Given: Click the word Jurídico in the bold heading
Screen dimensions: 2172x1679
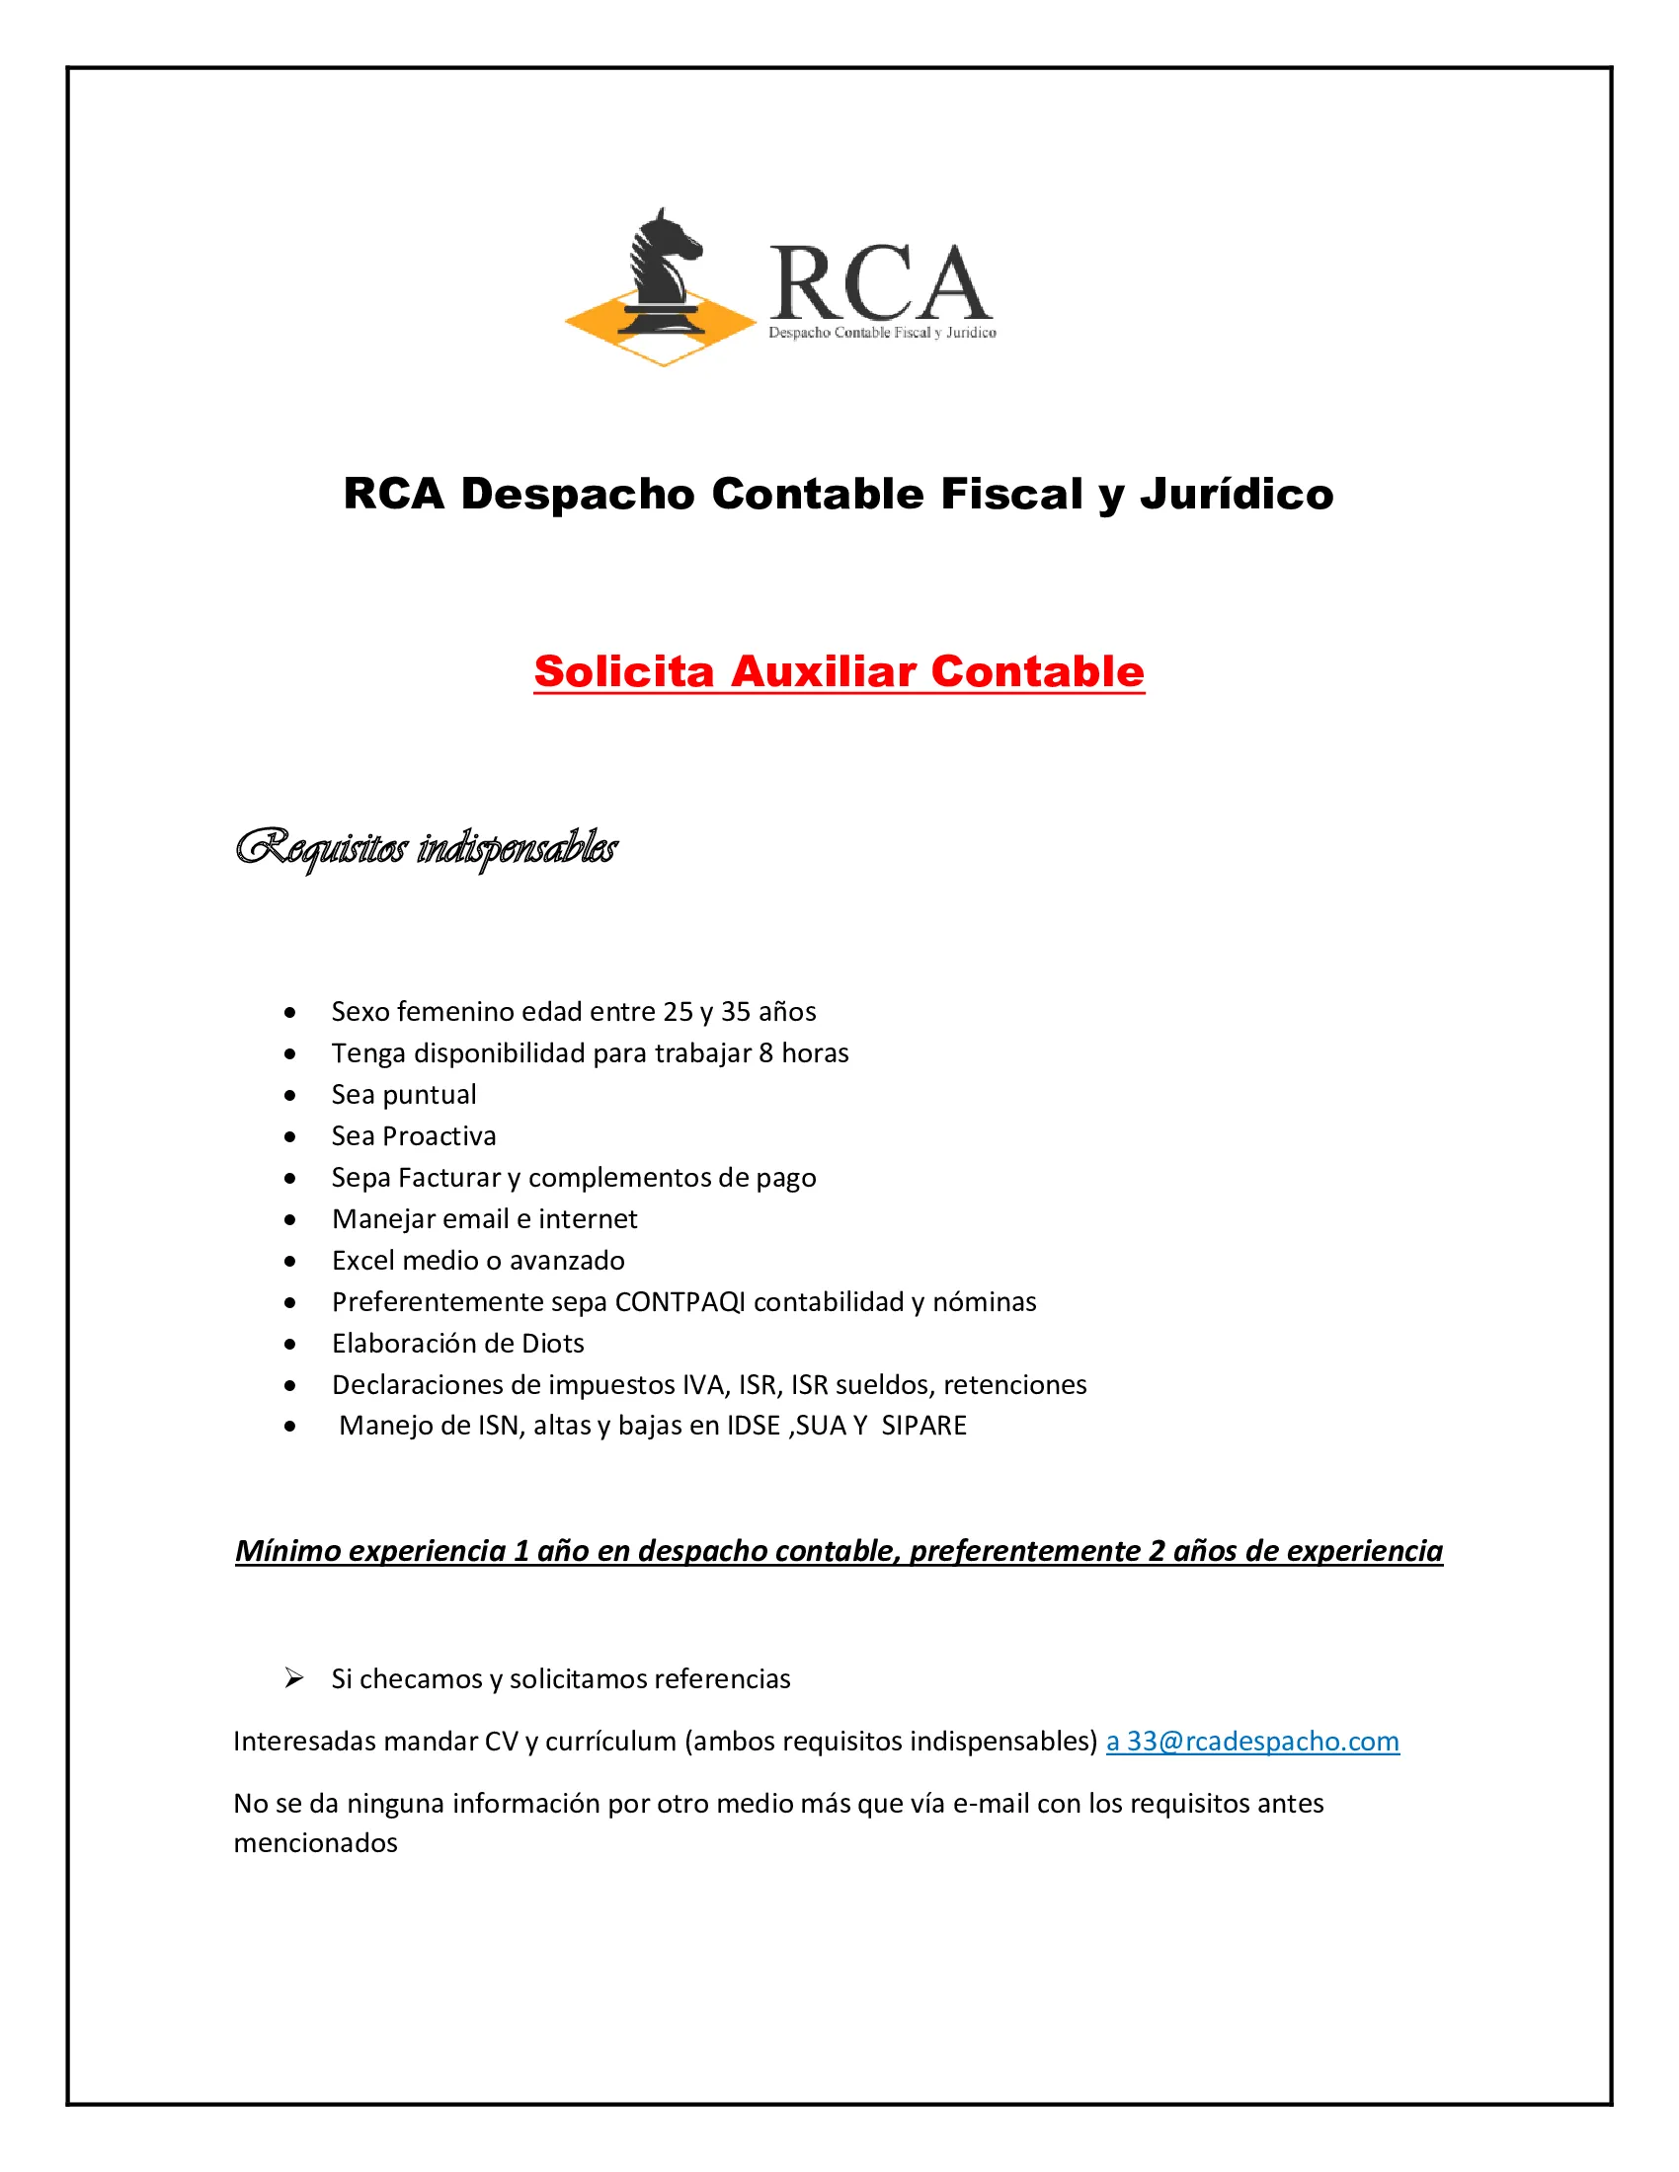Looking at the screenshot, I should [x=1236, y=495].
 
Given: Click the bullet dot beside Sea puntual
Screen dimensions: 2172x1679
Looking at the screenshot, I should [x=289, y=1096].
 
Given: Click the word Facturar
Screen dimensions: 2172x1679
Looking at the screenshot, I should [x=449, y=1178].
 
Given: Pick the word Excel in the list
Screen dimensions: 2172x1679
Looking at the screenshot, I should [x=364, y=1260].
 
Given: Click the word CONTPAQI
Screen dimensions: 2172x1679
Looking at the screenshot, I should [x=680, y=1302].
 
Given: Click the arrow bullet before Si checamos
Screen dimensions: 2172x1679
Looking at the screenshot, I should [x=293, y=1678].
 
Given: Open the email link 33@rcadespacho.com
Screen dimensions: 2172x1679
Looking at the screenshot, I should [x=1262, y=1742].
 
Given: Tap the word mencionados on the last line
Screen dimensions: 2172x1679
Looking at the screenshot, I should [x=315, y=1843].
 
